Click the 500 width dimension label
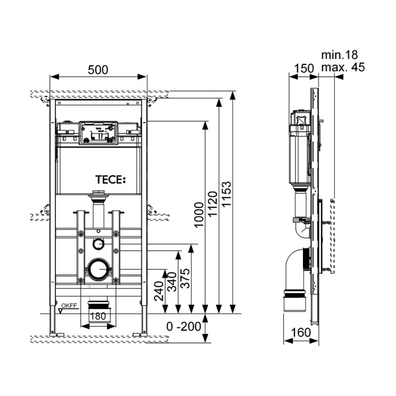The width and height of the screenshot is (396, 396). pyautogui.click(x=99, y=70)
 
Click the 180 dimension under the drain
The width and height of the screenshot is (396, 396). pyautogui.click(x=98, y=317)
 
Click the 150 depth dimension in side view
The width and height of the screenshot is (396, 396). pyautogui.click(x=304, y=68)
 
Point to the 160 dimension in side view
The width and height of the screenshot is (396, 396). pyautogui.click(x=301, y=332)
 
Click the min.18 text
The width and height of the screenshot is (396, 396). pyautogui.click(x=339, y=54)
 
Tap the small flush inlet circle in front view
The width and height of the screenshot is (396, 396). pyautogui.click(x=98, y=244)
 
